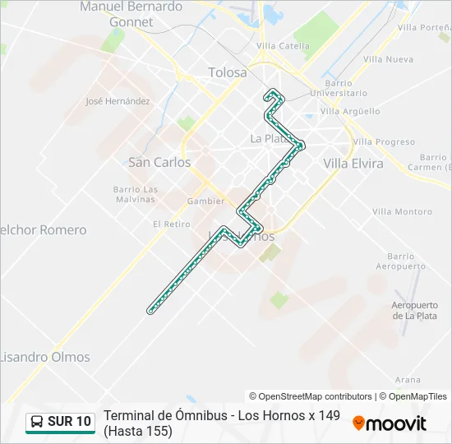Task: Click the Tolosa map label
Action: click(x=228, y=72)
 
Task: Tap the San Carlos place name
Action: click(x=159, y=163)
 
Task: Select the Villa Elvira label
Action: click(x=353, y=164)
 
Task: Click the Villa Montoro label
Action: click(x=402, y=212)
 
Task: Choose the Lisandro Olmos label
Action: click(x=44, y=358)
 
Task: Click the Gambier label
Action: click(x=205, y=201)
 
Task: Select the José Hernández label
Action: click(x=118, y=102)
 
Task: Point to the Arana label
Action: click(x=408, y=380)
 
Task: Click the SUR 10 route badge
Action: click(x=61, y=423)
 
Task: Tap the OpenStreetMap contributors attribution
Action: click(x=311, y=396)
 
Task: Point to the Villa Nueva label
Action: click(x=388, y=59)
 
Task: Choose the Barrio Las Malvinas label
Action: click(x=136, y=194)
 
